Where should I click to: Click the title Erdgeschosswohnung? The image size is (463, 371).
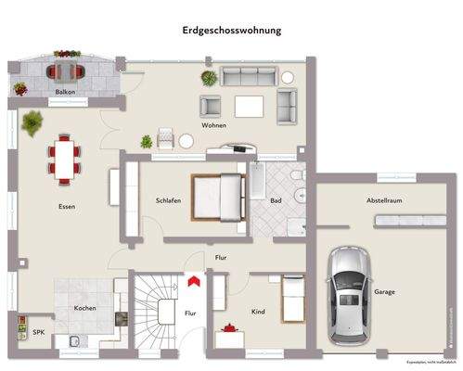point(231,30)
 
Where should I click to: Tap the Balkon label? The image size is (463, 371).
point(65,93)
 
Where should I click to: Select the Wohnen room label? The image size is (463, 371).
point(214,124)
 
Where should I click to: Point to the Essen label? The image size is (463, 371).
point(66,207)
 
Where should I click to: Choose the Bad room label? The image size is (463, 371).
point(277,201)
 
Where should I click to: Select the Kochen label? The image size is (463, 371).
point(85,307)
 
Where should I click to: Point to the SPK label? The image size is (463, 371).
point(38,331)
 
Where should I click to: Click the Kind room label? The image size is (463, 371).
point(258,313)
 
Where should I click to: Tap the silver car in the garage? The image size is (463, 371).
point(347,291)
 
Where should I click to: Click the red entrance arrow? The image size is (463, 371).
point(194,279)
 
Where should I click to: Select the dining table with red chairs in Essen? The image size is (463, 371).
point(64,156)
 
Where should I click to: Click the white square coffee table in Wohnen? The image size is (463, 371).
point(249,107)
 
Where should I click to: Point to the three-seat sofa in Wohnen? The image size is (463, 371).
point(248,76)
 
